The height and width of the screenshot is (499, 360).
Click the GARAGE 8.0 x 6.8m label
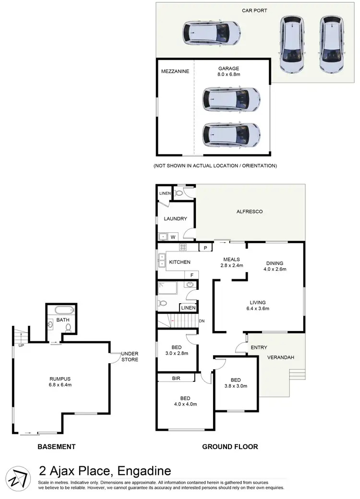[228, 71]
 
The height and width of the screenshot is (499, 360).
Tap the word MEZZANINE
[175, 71]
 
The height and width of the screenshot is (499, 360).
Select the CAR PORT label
[255, 10]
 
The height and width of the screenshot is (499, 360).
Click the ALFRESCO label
[250, 211]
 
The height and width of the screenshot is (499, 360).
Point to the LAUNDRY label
[175, 219]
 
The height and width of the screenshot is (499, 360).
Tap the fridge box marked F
[192, 275]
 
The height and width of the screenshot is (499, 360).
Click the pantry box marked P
[205, 248]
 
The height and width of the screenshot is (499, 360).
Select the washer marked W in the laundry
[172, 236]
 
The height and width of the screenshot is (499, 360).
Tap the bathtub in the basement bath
[63, 309]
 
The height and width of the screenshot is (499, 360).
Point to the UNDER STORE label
[130, 356]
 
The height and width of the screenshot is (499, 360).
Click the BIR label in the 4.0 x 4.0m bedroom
[176, 378]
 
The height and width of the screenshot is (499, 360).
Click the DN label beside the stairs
[203, 321]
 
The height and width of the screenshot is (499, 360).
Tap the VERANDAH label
[281, 357]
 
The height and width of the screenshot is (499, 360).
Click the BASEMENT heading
[57, 447]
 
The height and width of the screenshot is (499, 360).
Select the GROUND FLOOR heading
[230, 447]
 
